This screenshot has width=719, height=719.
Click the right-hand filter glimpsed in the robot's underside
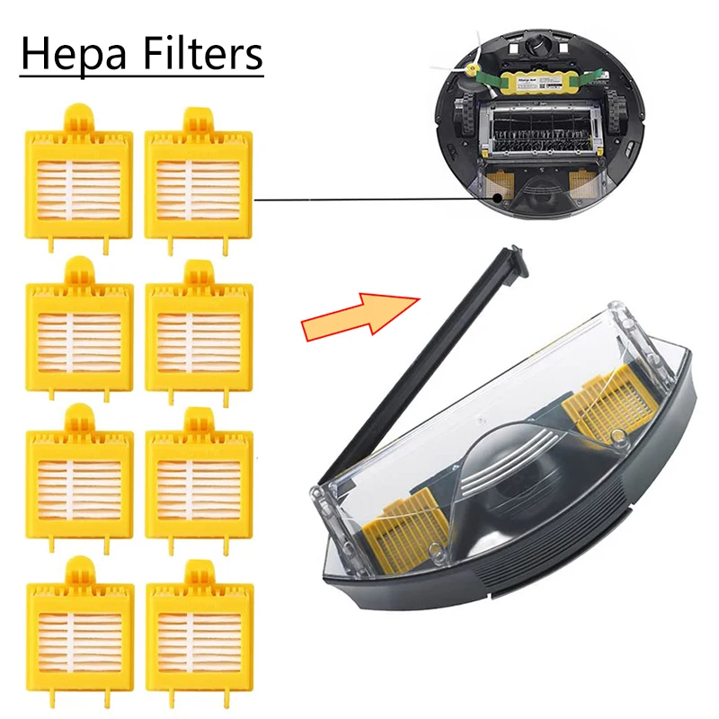(x=589, y=186)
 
